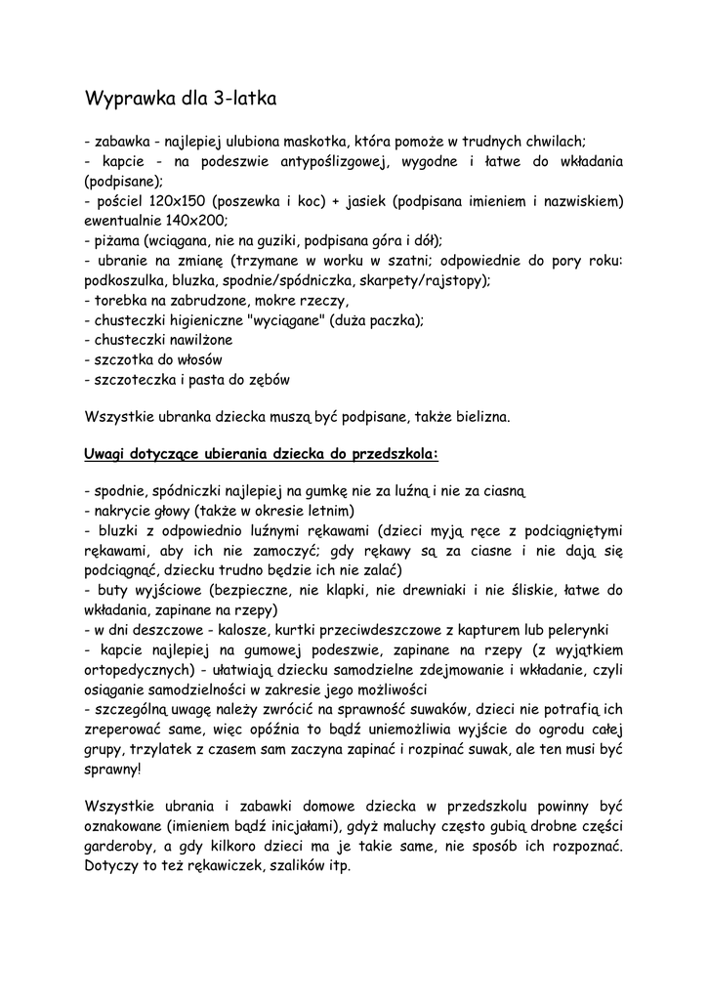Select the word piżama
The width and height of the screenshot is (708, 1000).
tap(115, 240)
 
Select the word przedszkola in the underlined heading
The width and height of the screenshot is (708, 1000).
tap(390, 454)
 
